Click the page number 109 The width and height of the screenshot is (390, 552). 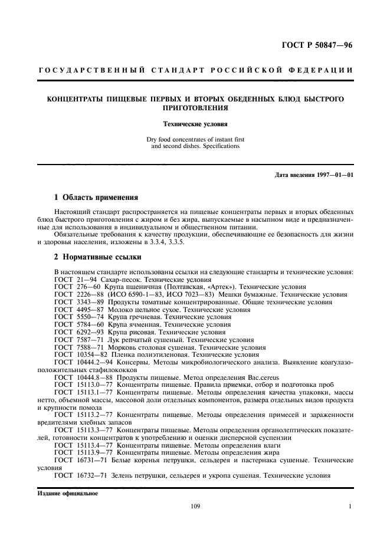click(195, 505)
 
